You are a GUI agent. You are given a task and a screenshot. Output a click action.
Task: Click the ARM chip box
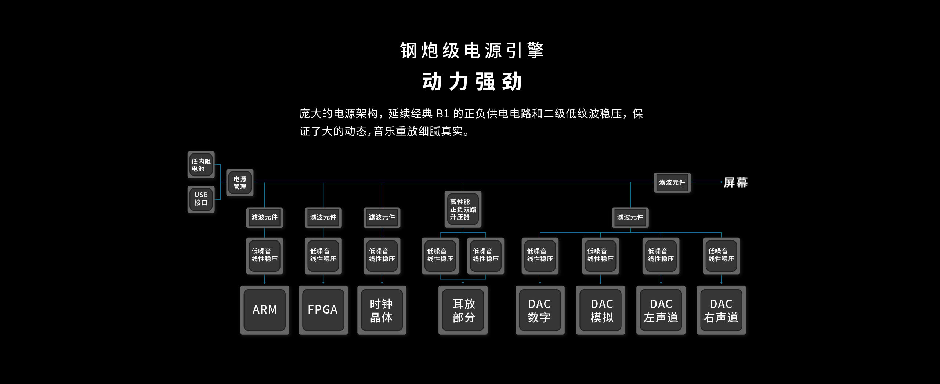point(264,310)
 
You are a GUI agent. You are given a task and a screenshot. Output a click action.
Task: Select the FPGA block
point(323,310)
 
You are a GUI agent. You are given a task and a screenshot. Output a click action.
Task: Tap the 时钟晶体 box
point(382,310)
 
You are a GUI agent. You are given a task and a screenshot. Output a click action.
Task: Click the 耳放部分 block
point(463,310)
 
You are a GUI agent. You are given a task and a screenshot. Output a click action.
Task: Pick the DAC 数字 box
point(540,310)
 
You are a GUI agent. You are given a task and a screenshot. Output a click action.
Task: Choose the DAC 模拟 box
point(600,310)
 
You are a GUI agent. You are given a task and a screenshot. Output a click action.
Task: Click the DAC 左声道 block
point(661,310)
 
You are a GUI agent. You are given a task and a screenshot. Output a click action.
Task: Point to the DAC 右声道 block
point(721,310)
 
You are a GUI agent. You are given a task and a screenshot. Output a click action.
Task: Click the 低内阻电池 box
point(201,165)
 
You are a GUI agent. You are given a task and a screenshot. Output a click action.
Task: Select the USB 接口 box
point(201,199)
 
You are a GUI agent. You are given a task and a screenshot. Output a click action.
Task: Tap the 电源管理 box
point(240,182)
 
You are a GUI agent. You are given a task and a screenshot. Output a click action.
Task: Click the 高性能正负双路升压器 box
point(463,209)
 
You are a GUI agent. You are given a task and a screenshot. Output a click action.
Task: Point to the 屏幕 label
point(735,182)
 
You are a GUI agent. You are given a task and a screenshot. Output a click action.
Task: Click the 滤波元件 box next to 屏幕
point(672,182)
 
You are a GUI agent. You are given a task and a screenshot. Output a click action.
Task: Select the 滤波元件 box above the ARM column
point(264,217)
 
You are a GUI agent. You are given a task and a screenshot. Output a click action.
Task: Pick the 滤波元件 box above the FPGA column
point(323,217)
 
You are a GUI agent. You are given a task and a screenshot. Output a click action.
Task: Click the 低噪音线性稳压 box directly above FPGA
point(323,256)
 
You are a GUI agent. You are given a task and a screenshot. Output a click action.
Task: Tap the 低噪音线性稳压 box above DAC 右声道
point(721,256)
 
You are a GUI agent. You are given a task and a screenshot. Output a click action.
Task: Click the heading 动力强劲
point(472,81)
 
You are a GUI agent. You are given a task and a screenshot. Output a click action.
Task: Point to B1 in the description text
point(443,114)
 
